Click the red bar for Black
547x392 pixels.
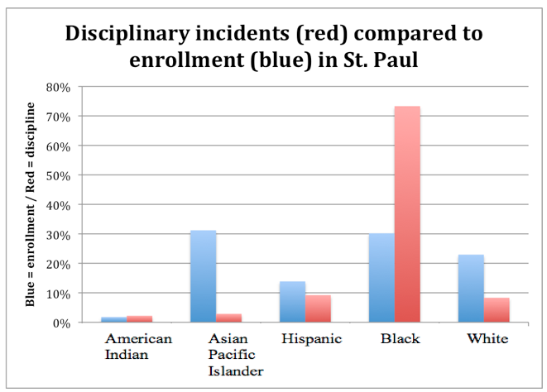(406, 214)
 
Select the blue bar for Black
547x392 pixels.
(381, 278)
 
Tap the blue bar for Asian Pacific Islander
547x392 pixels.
(203, 276)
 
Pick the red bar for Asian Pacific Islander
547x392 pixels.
(228, 318)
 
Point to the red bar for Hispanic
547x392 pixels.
(318, 308)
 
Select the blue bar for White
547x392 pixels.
(470, 289)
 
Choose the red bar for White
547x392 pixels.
(496, 310)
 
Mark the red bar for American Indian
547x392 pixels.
(139, 318)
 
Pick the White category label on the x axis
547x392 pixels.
(487, 339)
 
